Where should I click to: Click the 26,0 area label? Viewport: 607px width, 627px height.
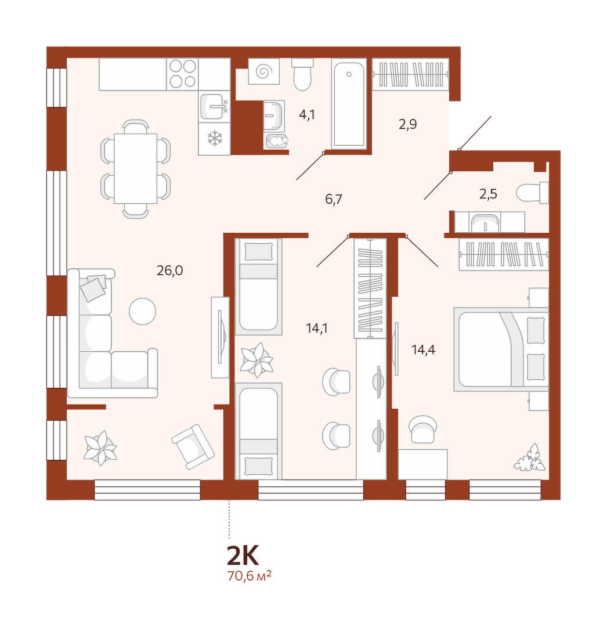pyautogui.click(x=170, y=271)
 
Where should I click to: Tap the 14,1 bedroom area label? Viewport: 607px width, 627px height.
pyautogui.click(x=317, y=329)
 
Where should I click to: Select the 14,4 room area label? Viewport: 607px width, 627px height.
pyautogui.click(x=424, y=350)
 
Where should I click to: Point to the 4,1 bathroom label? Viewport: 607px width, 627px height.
pyautogui.click(x=307, y=115)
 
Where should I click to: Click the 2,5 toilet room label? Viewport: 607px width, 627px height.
pyautogui.click(x=488, y=194)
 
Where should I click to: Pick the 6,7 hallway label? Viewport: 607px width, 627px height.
pyautogui.click(x=334, y=199)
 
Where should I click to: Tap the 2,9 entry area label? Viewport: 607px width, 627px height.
pyautogui.click(x=408, y=124)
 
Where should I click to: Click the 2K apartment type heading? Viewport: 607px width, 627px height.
pyautogui.click(x=243, y=555)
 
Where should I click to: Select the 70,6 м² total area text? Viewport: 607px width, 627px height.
pyautogui.click(x=250, y=576)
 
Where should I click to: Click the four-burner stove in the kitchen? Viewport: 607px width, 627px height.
pyautogui.click(x=183, y=74)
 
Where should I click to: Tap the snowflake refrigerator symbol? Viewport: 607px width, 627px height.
pyautogui.click(x=215, y=138)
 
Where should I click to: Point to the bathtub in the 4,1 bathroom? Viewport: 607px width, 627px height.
pyautogui.click(x=349, y=104)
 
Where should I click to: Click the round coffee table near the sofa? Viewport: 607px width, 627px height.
pyautogui.click(x=142, y=312)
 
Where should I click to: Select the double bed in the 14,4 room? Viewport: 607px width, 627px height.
pyautogui.click(x=501, y=349)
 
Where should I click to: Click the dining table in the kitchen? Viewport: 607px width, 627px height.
pyautogui.click(x=135, y=168)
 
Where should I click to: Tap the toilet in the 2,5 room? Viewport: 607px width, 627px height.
pyautogui.click(x=532, y=193)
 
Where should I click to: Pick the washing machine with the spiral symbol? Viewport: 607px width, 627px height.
pyautogui.click(x=263, y=71)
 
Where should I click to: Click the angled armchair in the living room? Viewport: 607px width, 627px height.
pyautogui.click(x=193, y=446)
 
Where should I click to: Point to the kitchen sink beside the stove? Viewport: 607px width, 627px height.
pyautogui.click(x=214, y=106)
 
